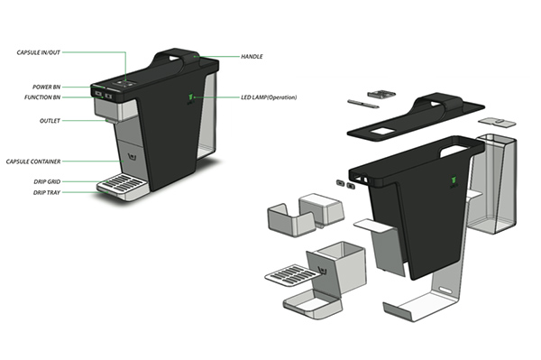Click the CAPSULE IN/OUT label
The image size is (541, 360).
[x=38, y=52]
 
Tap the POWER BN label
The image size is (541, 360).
[x=46, y=87]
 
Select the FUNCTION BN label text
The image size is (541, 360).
[x=42, y=97]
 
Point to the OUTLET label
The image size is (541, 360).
[x=50, y=121]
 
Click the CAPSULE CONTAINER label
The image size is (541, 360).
[x=33, y=162]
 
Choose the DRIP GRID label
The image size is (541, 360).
[x=47, y=181]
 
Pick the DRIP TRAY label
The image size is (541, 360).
[x=47, y=192]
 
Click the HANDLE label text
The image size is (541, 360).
[x=252, y=56]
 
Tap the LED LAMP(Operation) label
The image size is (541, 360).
[x=269, y=97]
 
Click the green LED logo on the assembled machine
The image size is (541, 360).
[x=190, y=97]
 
